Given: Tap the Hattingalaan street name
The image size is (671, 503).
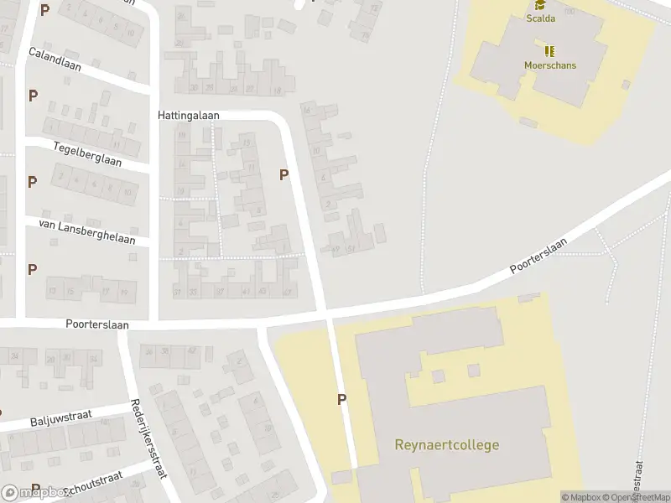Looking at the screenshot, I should tap(188, 114).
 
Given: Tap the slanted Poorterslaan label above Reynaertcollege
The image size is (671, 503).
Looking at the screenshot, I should tap(538, 257).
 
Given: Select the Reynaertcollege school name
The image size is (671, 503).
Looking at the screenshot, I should tap(446, 445).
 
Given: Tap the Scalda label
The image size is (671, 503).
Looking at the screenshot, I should tap(539, 18).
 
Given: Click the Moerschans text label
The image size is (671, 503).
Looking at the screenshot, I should tap(549, 65).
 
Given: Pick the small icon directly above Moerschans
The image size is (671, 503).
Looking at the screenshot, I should tap(550, 51).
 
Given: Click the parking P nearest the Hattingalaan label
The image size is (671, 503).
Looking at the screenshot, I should tap(283, 175).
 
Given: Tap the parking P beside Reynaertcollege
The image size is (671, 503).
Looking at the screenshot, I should tap(341, 400).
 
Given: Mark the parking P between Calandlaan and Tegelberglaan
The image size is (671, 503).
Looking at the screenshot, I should tap(33, 96).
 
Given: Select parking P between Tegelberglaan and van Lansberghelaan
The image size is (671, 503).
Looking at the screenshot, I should tap(33, 182).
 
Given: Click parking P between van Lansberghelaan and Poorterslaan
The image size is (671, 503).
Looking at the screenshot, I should tap(33, 270).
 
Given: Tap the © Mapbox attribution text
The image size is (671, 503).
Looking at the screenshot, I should tap(583, 497).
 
